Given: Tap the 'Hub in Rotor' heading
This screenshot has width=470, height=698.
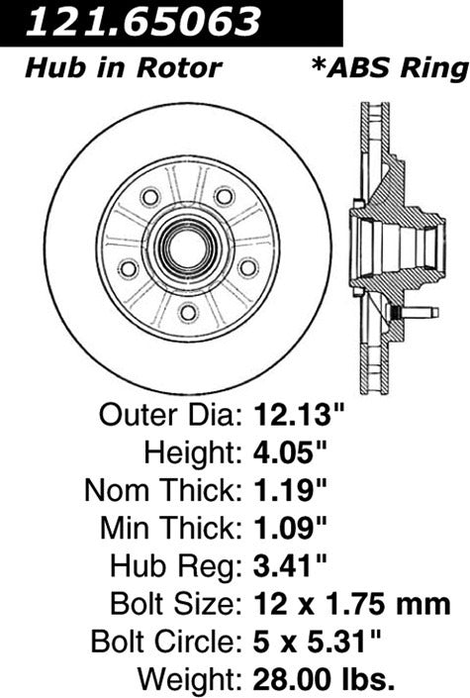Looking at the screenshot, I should point(122,68).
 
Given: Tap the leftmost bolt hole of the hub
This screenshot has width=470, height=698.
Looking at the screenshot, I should point(129,266).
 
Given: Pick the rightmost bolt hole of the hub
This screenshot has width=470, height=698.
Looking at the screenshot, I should point(248,266).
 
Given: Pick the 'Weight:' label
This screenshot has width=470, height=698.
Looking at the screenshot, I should point(183,679).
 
